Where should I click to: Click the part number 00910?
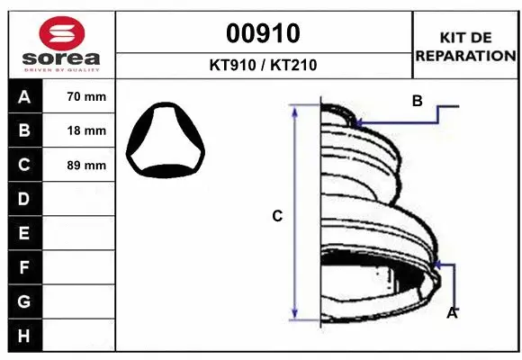tap(263, 34)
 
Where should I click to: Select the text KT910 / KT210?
tap(263, 66)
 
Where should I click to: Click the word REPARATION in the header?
tap(465, 56)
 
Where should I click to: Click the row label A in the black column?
tap(23, 96)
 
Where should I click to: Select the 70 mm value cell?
tap(86, 96)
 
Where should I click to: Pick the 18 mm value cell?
tap(86, 130)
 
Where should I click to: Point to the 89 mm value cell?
tap(86, 166)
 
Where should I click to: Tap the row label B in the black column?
tap(23, 130)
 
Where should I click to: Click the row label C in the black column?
tap(23, 165)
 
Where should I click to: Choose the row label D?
tap(23, 199)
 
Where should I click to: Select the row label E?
tap(23, 233)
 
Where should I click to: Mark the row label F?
tap(23, 267)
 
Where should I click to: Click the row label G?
tap(23, 301)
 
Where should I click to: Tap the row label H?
tap(23, 336)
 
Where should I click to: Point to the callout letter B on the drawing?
tap(417, 102)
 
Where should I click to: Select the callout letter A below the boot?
tap(453, 313)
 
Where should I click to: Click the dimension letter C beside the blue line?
tap(277, 216)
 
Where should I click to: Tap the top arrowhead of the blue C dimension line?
tap(294, 109)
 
